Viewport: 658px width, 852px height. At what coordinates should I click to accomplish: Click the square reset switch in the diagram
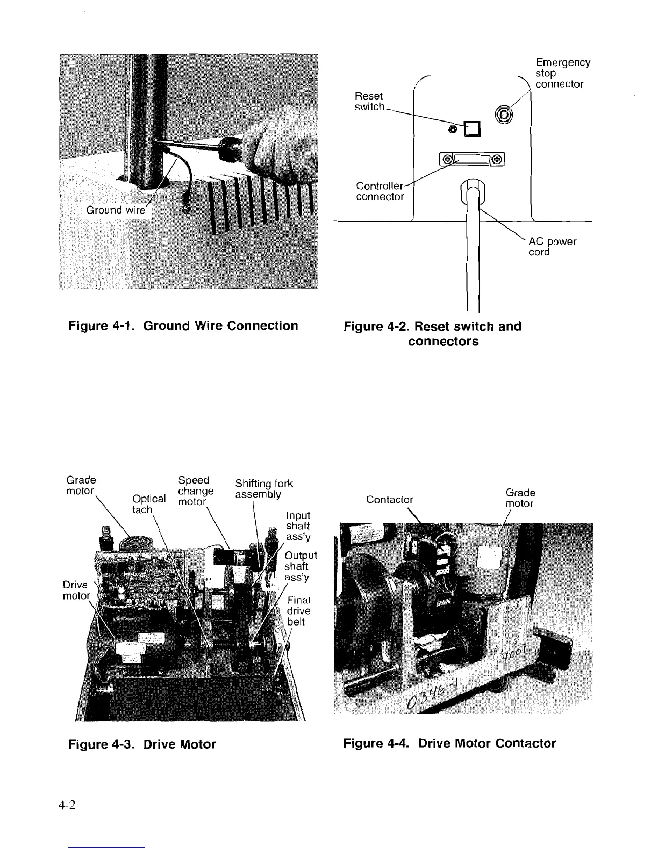472,129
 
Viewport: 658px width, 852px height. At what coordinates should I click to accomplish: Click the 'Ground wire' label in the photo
116,210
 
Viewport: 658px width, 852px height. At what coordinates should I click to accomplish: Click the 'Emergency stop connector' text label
562,73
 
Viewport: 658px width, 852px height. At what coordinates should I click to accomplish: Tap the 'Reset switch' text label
369,101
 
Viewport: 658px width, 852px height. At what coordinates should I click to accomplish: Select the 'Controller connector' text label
380,191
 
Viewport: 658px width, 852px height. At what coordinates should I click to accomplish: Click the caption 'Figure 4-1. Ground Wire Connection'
183,326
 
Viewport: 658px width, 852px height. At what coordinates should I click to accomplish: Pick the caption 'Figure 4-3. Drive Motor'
142,744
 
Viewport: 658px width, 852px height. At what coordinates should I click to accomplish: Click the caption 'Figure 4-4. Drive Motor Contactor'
449,743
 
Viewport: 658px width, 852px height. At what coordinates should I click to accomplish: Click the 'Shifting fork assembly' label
263,489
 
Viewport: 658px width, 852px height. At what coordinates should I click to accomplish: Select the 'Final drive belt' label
298,611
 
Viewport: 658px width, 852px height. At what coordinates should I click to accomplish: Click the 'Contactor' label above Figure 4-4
390,500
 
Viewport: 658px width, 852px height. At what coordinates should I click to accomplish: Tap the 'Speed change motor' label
195,491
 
